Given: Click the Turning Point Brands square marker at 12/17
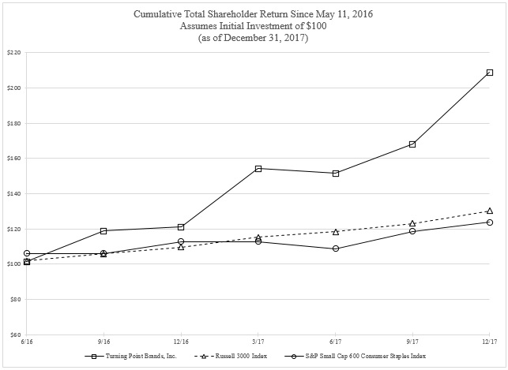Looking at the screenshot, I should pos(490,73).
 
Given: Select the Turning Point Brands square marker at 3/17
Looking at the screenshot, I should pos(258,168).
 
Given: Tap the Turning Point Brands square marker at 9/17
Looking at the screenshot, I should pos(412,144).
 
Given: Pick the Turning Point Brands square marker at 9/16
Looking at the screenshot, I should pos(103,231).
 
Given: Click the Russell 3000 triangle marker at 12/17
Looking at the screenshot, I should pos(490,211).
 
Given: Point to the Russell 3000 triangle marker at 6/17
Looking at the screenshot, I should pos(336,232).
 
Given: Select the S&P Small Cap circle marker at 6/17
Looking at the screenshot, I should pos(336,249).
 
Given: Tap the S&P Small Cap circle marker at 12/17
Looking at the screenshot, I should pos(490,222).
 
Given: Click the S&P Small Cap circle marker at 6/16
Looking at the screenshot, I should pos(27,253).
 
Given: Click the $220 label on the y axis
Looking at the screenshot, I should pos(13,52).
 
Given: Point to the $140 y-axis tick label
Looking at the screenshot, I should pos(13,193).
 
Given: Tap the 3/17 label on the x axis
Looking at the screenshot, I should pos(258,342).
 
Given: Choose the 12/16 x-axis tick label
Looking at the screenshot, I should pos(181,342).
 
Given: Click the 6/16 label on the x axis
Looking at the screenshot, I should pos(27,342).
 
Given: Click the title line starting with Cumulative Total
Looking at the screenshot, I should pos(254,14).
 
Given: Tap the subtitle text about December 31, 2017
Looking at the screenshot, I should pos(254,37).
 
